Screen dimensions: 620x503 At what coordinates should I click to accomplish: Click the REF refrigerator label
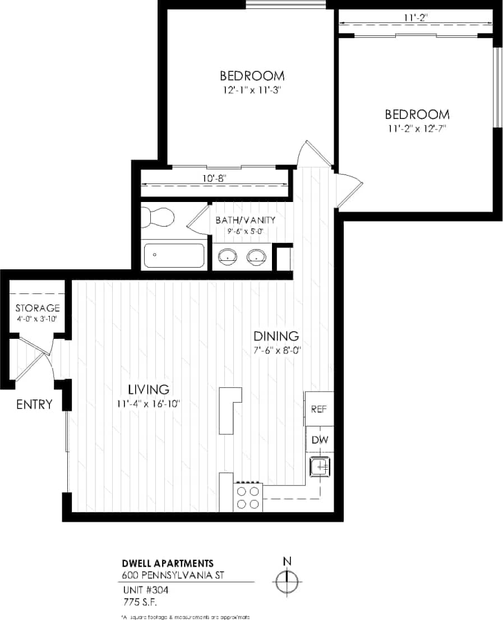[319, 409]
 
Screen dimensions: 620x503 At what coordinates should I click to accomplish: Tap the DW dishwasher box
[319, 439]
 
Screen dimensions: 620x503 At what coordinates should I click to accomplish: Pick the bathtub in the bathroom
[174, 255]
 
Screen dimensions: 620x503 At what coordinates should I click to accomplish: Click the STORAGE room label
[38, 308]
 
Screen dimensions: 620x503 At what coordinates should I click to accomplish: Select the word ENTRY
[34, 404]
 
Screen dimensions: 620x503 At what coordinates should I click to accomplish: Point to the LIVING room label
[149, 389]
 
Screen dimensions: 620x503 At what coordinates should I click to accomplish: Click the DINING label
[275, 337]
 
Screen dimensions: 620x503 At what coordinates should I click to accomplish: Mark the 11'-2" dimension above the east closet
[416, 18]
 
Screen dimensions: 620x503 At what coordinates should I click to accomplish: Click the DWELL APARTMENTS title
[168, 563]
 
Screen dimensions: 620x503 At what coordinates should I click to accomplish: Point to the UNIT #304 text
[145, 590]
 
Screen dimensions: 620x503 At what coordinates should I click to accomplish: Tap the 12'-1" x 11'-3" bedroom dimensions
[251, 90]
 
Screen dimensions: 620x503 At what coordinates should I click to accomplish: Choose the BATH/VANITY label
[245, 219]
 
